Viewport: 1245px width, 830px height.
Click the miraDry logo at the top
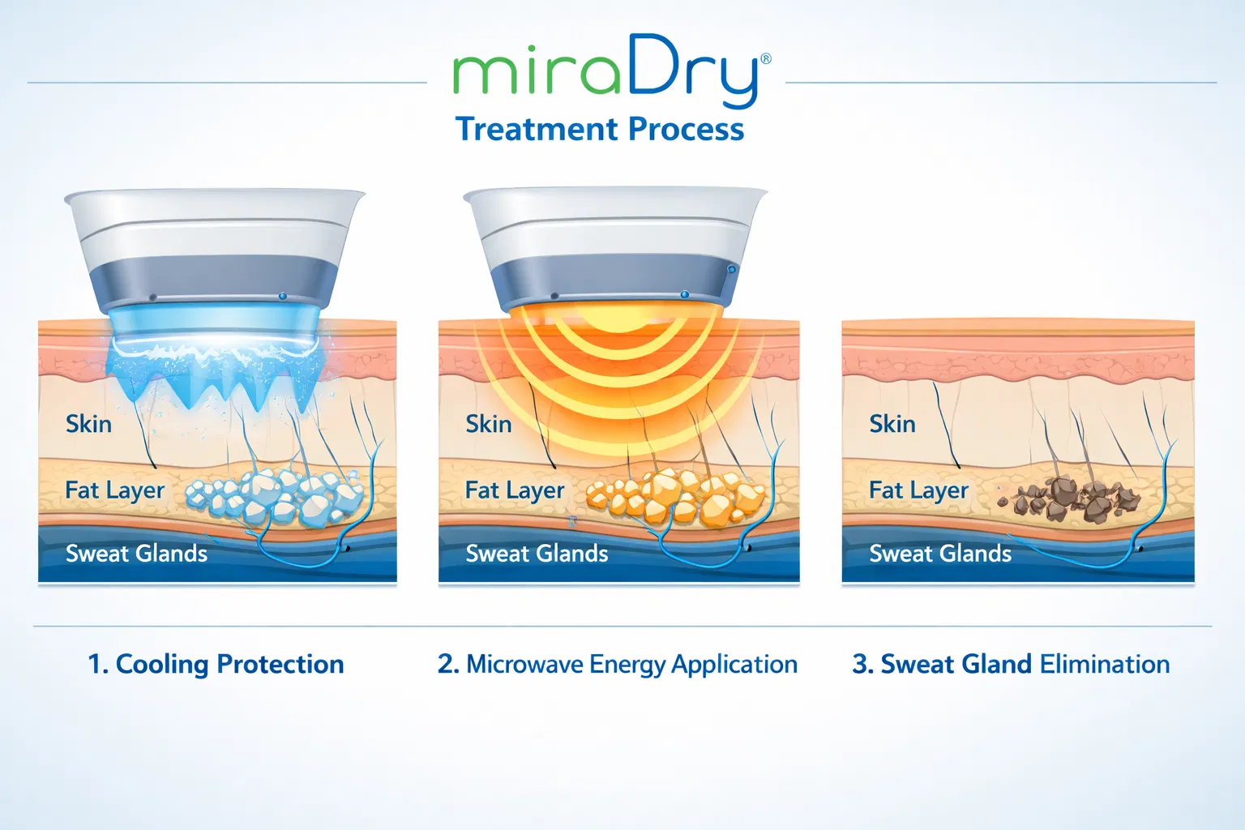(606, 71)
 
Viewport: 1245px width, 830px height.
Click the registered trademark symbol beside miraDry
(766, 59)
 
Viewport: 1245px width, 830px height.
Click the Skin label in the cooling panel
(88, 424)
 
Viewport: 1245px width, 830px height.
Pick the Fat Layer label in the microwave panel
(514, 490)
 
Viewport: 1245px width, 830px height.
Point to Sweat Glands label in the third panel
(939, 554)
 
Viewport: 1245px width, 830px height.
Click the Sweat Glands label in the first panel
(136, 554)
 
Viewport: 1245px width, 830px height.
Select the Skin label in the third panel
(892, 424)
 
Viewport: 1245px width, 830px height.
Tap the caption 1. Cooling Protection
(216, 665)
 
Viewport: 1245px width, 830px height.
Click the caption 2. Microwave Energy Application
(618, 665)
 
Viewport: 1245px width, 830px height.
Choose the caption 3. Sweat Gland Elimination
(1011, 665)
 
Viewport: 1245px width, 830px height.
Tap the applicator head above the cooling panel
(215, 251)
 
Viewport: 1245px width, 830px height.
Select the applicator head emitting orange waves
(614, 247)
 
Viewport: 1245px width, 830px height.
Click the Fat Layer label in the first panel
(114, 490)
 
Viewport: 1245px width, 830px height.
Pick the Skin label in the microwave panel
(488, 424)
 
